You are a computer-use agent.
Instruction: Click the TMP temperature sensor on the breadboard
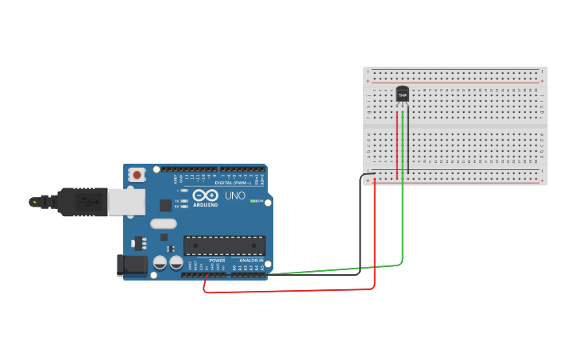tap(403, 95)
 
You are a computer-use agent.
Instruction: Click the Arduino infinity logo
tap(205, 196)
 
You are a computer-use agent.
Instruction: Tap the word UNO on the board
tap(235, 195)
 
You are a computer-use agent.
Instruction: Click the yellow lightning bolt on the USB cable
tap(34, 202)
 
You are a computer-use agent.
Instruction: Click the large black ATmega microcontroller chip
tap(224, 246)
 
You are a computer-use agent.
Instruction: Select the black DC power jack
tap(130, 265)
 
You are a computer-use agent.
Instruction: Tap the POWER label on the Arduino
tap(217, 261)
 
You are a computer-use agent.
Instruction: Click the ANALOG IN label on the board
tap(250, 261)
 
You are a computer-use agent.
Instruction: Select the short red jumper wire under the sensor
tap(397, 143)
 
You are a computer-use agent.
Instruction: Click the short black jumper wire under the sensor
tap(367, 175)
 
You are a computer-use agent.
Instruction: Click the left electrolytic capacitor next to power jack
tap(160, 261)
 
